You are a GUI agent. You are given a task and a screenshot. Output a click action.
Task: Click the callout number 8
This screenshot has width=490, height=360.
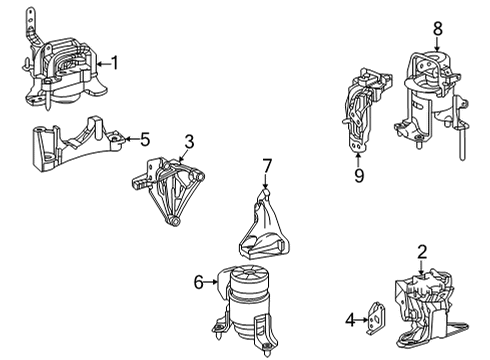tap(436, 29)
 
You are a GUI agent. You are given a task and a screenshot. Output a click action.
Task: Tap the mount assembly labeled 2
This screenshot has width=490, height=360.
tap(425, 305)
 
